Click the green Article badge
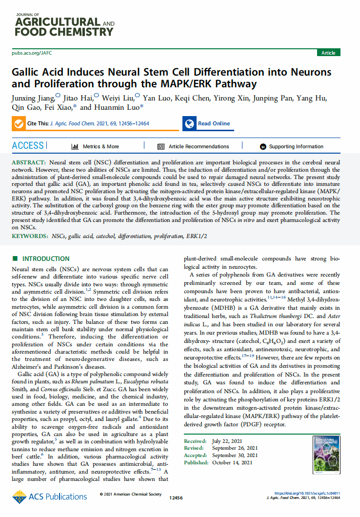coord(328,53)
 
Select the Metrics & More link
coord(100,146)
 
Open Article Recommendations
coord(199,146)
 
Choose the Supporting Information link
coord(296,146)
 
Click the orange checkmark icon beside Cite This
coord(19,124)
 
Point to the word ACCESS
coord(28,146)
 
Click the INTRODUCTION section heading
coord(46,258)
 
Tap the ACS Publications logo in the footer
coord(50,497)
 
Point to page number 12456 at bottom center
coord(176,497)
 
